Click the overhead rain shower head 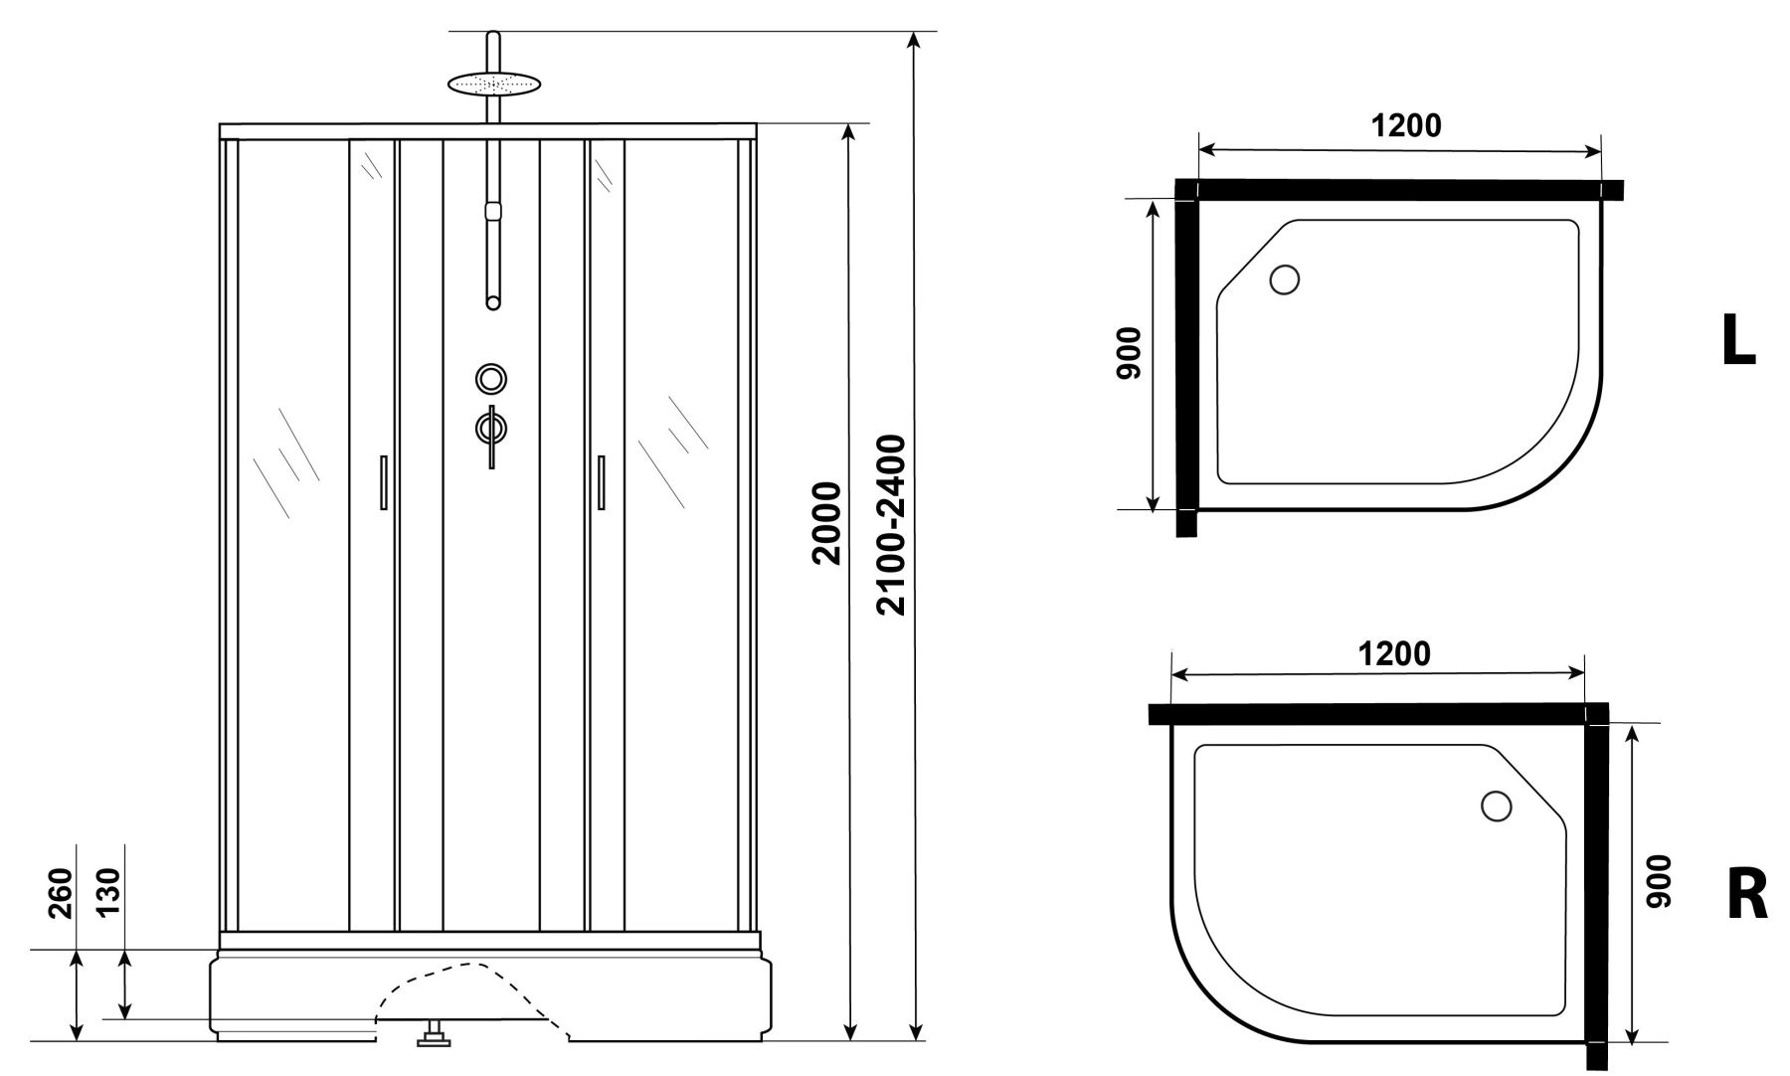coord(492,84)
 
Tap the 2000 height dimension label coord(827,523)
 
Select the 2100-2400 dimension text coord(893,524)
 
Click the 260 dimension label coord(61,893)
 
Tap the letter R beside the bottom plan coord(1746,896)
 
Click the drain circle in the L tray coord(1285,280)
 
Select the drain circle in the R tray coord(1496,806)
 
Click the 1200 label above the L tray coord(1406,126)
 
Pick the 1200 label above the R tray coord(1394,653)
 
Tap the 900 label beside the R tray coord(1658,881)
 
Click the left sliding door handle coord(383,482)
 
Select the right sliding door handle coord(601,482)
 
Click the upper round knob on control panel coord(491,379)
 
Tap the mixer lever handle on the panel coord(491,434)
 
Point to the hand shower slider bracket coord(491,211)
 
